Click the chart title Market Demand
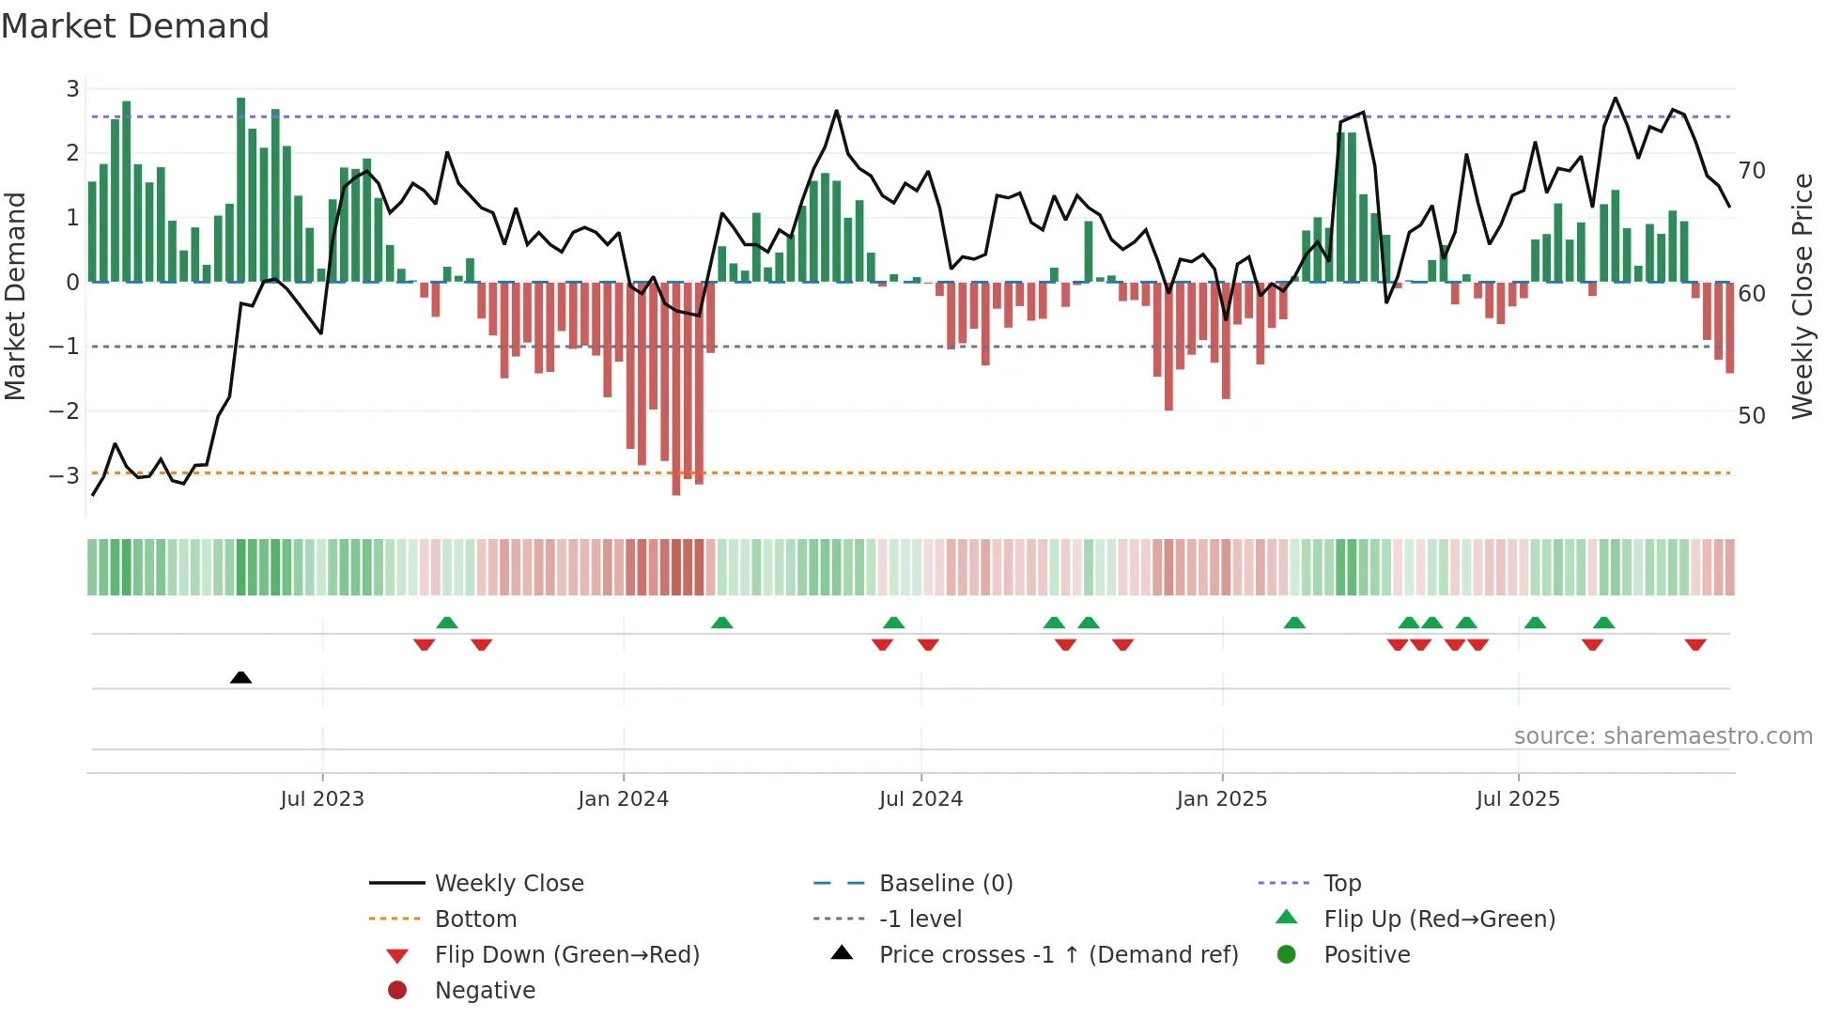pos(135,26)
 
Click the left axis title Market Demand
pos(16,296)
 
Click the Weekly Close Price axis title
pos(1802,296)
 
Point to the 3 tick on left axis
pos(72,89)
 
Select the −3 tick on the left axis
pos(65,475)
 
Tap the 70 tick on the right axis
pos(1752,171)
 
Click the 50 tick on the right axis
pos(1752,415)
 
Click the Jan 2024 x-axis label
pos(623,799)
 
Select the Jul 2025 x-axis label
pos(1517,799)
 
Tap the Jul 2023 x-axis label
pos(322,799)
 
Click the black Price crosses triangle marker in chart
pos(240,677)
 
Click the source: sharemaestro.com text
pos(1663,735)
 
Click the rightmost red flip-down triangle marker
pos(1695,644)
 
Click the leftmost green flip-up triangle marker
pos(447,623)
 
